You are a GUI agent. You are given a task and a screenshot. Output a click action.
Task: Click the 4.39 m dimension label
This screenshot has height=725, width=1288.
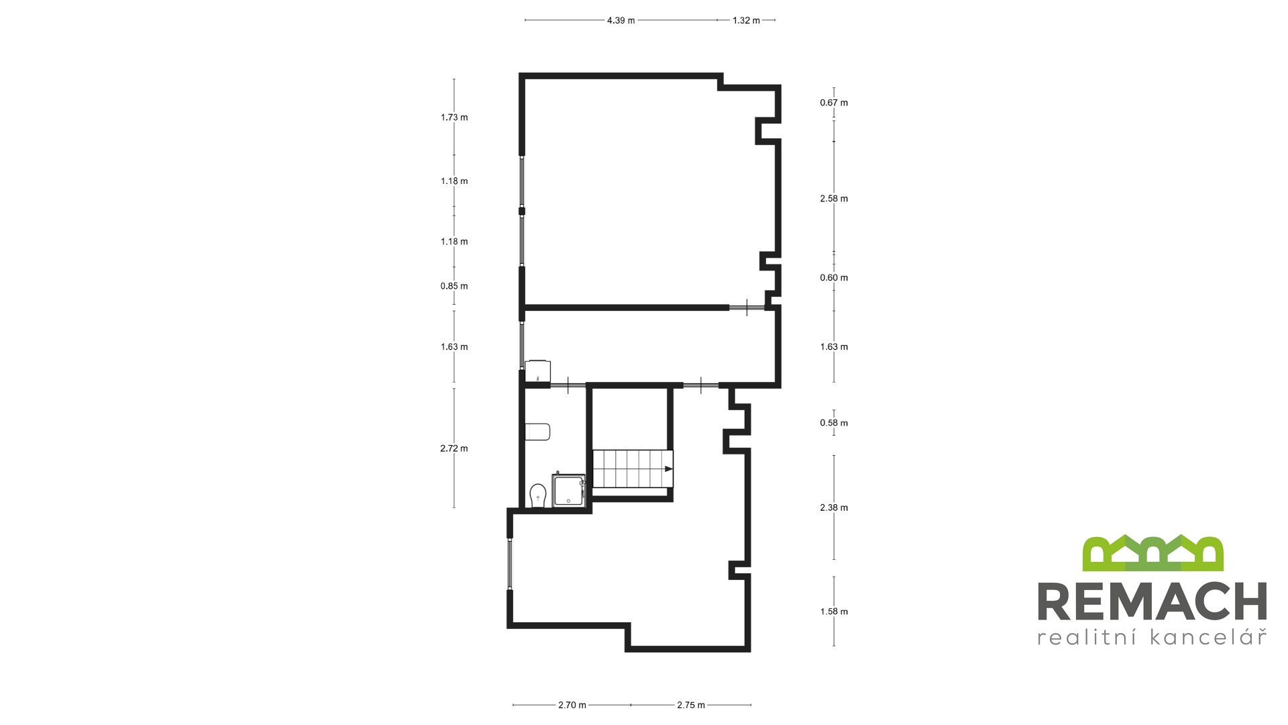tap(621, 20)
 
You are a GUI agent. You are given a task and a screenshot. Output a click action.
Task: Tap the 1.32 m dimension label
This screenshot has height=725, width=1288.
tap(746, 20)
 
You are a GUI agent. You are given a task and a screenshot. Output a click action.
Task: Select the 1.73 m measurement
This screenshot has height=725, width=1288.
tap(454, 117)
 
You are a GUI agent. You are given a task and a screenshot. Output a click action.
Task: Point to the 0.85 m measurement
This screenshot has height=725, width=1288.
tap(454, 286)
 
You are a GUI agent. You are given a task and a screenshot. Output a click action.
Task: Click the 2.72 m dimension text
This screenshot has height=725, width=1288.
tap(454, 448)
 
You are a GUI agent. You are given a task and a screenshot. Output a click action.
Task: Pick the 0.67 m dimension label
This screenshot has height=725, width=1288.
tap(834, 103)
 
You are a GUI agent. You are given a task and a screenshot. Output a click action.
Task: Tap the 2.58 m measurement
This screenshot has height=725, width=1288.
tap(834, 199)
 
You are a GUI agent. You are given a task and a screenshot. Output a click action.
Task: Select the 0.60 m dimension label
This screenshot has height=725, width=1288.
tap(834, 278)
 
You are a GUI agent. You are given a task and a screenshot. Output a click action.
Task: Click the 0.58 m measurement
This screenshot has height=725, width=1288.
tap(834, 423)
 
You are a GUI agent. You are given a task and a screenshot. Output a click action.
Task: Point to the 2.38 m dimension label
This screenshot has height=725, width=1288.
tap(834, 507)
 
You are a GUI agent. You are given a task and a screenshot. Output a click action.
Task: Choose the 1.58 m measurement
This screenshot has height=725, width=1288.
tap(834, 612)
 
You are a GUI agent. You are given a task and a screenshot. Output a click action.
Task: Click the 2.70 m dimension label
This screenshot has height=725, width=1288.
tap(572, 705)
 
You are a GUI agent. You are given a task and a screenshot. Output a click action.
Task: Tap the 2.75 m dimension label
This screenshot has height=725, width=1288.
tap(691, 705)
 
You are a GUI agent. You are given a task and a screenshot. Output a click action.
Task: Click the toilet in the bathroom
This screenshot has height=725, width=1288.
tap(537, 496)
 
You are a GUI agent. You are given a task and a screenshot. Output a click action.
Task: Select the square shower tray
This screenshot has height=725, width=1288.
tap(569, 491)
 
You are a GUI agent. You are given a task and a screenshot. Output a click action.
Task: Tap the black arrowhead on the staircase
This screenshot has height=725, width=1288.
tap(668, 469)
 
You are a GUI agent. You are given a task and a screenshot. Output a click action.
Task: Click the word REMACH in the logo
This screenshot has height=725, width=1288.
tap(1152, 601)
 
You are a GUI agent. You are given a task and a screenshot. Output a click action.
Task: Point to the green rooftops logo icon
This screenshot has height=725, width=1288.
tap(1152, 553)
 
